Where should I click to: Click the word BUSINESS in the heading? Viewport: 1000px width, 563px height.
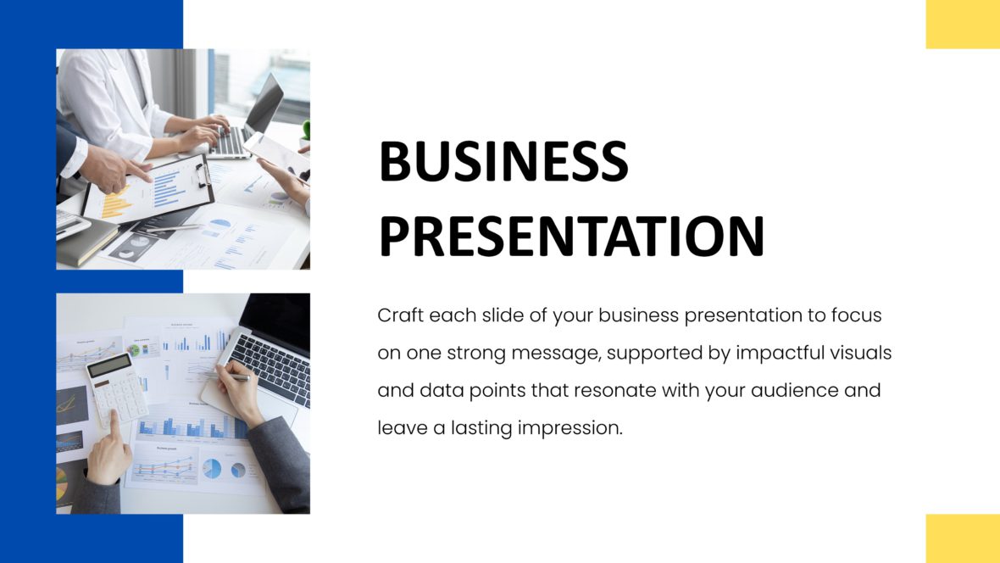(x=503, y=161)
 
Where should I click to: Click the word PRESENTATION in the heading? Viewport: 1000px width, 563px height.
(x=571, y=237)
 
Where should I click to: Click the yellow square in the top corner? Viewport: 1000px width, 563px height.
(x=963, y=24)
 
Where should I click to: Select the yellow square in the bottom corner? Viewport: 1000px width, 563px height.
(x=963, y=538)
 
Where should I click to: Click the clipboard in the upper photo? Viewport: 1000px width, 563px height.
(x=153, y=191)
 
